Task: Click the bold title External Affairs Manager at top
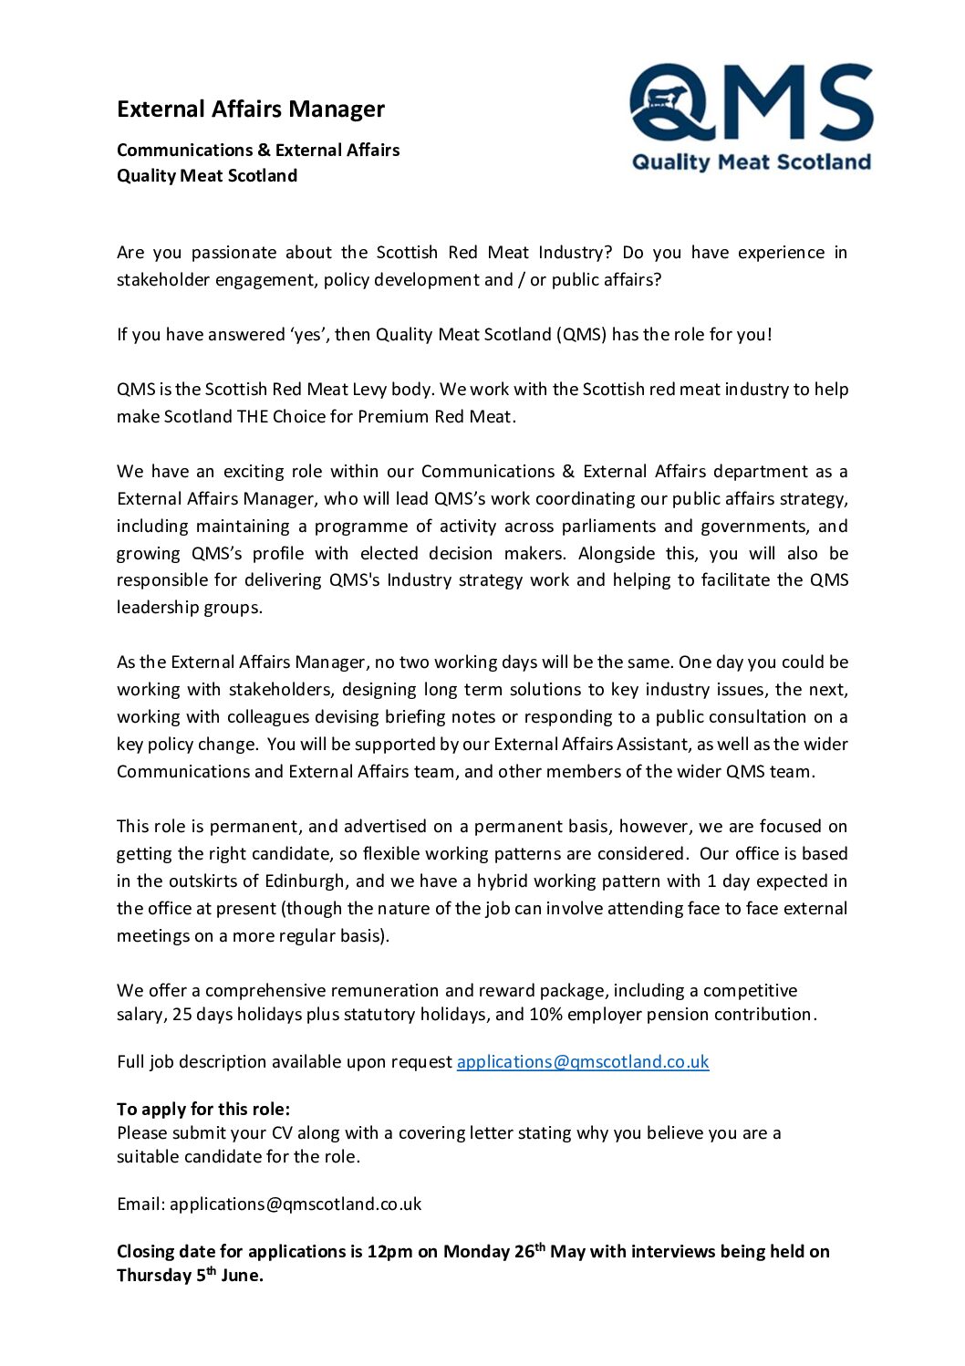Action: point(251,109)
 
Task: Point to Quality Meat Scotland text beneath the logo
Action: point(752,162)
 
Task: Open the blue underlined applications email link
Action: point(583,1061)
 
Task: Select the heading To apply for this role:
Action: point(203,1109)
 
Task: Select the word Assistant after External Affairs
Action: point(652,744)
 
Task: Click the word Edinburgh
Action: point(306,881)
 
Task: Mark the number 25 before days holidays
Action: point(182,1014)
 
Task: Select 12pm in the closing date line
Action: point(389,1251)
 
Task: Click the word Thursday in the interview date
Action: point(154,1275)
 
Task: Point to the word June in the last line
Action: point(241,1275)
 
